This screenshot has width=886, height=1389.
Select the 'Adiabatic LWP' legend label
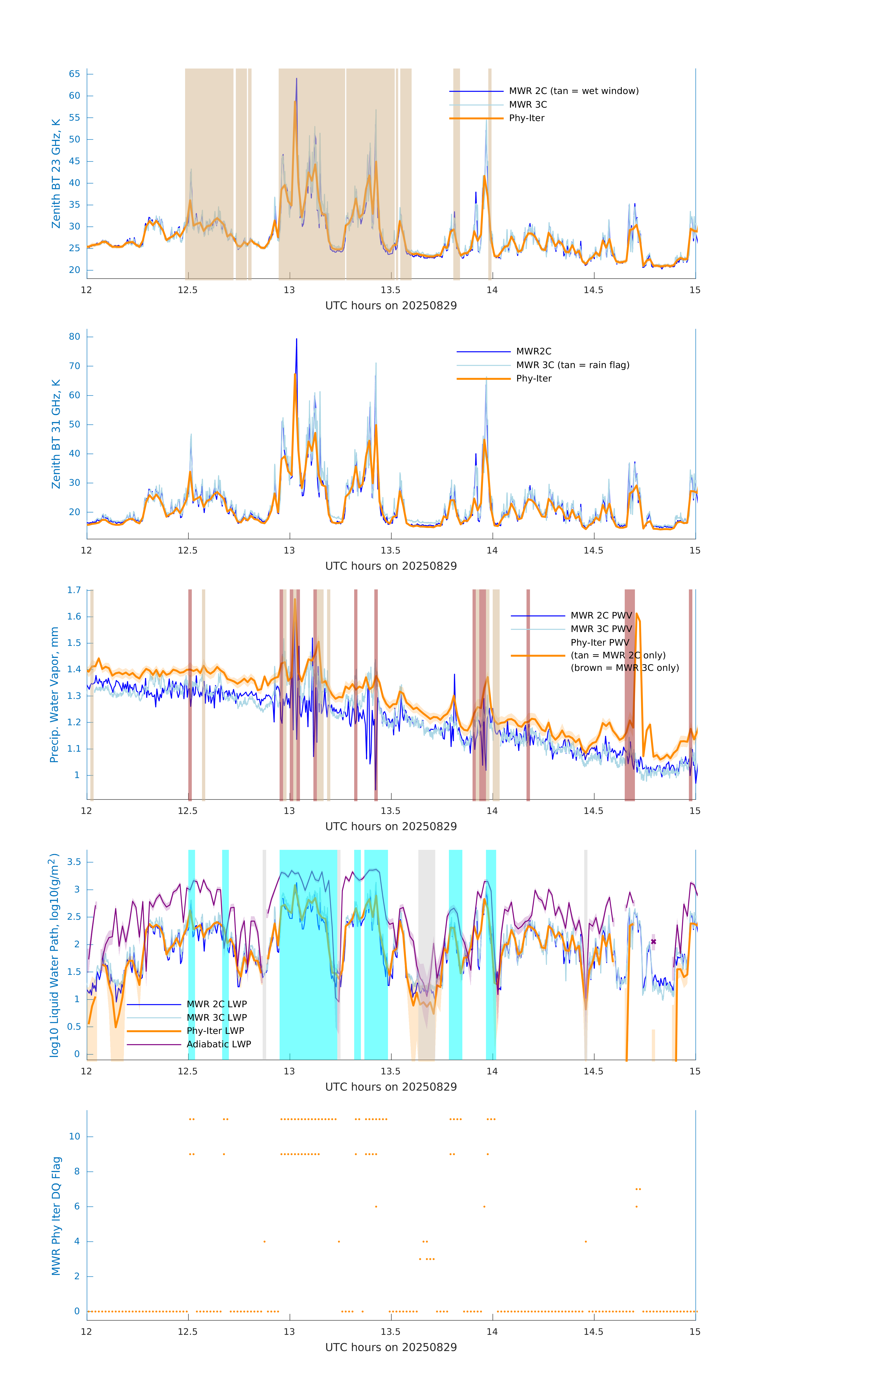219,1044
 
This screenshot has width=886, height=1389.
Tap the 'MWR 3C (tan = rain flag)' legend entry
573,365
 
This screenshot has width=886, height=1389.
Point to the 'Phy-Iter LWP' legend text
215,1031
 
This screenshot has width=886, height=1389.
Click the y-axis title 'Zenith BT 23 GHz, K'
56,174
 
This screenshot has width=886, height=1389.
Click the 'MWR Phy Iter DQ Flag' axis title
56,1216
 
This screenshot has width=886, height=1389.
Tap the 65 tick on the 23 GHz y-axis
74,74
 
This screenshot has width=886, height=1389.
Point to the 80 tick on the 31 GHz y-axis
74,337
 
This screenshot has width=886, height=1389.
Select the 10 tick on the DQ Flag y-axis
74,1136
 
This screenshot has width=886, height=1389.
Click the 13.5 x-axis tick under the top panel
390,290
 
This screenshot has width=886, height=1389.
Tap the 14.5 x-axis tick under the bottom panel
593,1332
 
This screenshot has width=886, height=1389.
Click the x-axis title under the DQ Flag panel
391,1348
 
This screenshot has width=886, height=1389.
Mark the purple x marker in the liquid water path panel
653,942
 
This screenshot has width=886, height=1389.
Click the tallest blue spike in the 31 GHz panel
297,340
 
